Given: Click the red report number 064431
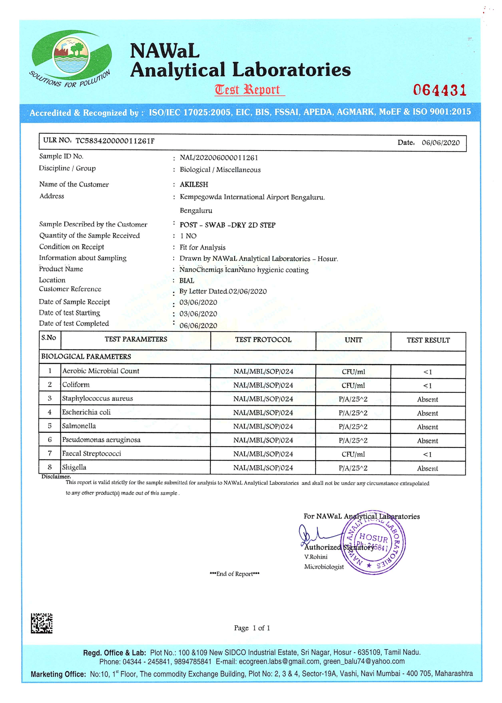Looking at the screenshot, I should point(439,90).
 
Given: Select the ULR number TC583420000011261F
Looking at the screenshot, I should point(115,141).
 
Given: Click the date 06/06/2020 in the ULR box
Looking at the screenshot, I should point(441,142).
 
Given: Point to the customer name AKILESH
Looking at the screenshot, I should point(194,185).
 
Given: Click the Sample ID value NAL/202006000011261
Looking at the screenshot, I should point(219,158).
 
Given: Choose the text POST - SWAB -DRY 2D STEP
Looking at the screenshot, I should point(227,225).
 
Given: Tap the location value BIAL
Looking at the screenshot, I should point(187,281).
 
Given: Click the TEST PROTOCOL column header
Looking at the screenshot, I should point(263,340).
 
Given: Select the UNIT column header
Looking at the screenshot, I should point(353,340).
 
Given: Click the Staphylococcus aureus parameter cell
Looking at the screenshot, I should point(97,398).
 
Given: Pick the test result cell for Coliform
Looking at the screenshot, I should point(427,386).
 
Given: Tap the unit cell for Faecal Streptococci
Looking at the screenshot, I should point(353,454).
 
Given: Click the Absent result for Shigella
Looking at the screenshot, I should point(427,468).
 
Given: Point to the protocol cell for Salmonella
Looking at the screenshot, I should point(263,427).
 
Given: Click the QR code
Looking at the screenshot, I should point(41,623).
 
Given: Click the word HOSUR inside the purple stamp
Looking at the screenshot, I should point(373,538).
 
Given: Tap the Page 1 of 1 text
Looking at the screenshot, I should point(252,628).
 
